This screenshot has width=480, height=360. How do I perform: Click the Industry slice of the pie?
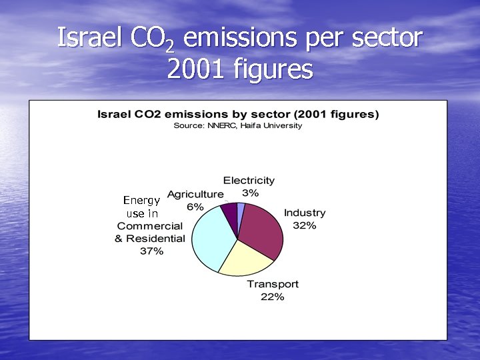point(261,230)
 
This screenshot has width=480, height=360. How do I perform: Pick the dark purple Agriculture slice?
point(230,211)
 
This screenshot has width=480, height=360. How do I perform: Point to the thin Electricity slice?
point(241,209)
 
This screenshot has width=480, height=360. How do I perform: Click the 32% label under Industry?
point(305,225)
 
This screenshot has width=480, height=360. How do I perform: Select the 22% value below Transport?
point(273,297)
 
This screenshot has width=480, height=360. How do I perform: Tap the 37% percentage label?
point(151,251)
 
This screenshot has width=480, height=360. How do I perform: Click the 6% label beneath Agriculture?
point(195,207)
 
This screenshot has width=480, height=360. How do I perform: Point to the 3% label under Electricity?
point(250,193)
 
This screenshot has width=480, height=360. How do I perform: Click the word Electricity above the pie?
point(249,180)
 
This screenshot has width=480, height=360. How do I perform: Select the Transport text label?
point(273,284)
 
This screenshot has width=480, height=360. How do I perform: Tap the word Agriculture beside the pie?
point(195,194)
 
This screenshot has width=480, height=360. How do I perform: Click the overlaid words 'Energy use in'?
point(142,207)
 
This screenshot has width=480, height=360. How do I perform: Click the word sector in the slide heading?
point(387,37)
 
